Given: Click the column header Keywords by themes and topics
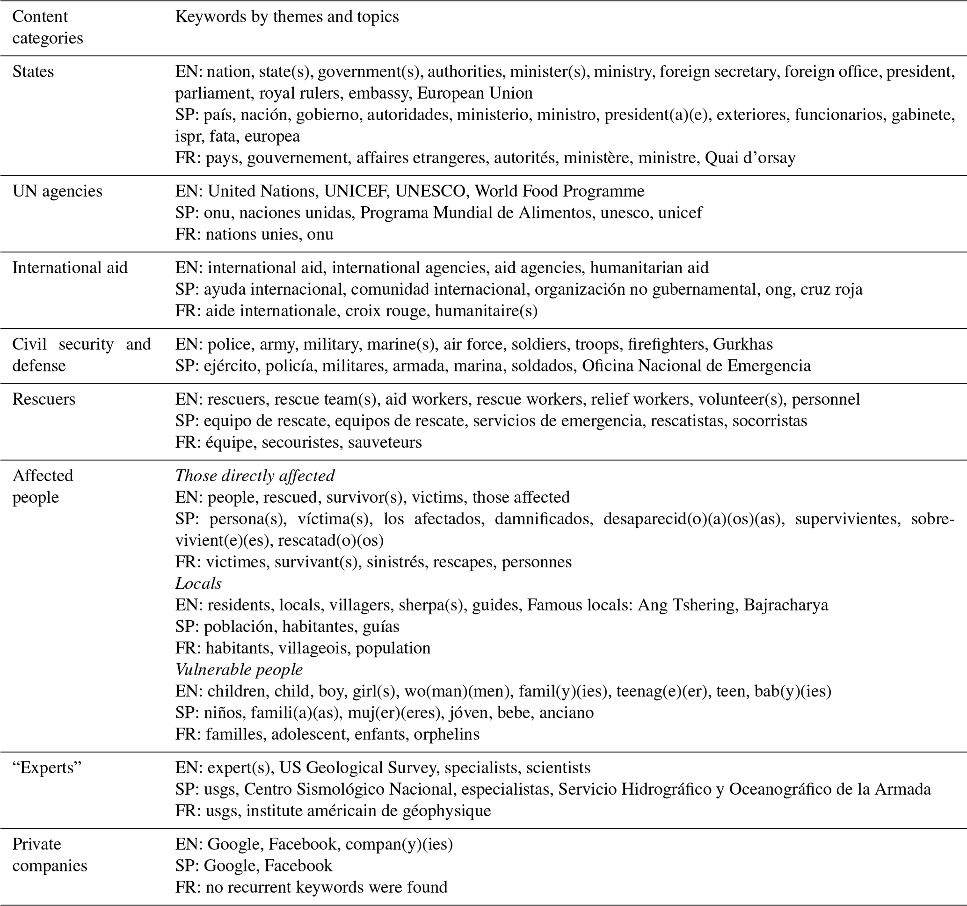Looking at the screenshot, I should (287, 16).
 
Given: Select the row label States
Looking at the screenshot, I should (33, 72).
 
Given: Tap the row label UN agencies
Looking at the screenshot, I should (58, 191).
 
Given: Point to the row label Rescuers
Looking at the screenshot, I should (44, 399).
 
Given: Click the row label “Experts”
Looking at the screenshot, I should (47, 768).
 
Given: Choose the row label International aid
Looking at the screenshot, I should (70, 268).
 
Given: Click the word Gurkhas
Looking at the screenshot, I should (743, 344).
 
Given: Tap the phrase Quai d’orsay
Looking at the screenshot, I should (750, 158).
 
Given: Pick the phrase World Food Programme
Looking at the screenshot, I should (560, 191).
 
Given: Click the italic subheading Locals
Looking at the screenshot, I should (198, 583).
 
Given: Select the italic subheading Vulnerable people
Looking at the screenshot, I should (239, 670).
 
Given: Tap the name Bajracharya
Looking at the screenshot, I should (785, 605).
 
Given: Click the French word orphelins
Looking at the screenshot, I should (446, 734).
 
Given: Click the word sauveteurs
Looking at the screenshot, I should (385, 442).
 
